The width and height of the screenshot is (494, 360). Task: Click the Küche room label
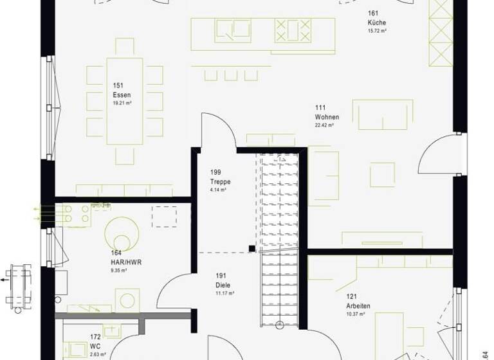377,22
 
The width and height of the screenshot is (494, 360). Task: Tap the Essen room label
118,94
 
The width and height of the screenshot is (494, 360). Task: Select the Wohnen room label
327,117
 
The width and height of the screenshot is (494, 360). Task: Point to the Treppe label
220,182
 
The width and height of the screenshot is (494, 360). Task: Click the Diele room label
223,285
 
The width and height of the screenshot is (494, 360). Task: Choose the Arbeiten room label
358,306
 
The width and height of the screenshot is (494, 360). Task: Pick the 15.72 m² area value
377,31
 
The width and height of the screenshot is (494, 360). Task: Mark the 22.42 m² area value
325,125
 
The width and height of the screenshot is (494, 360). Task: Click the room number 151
118,85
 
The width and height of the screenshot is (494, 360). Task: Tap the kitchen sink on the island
232,30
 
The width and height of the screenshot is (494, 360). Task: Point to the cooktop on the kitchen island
288,30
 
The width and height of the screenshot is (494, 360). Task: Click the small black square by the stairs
252,248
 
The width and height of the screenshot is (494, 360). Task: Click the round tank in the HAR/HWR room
121,230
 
